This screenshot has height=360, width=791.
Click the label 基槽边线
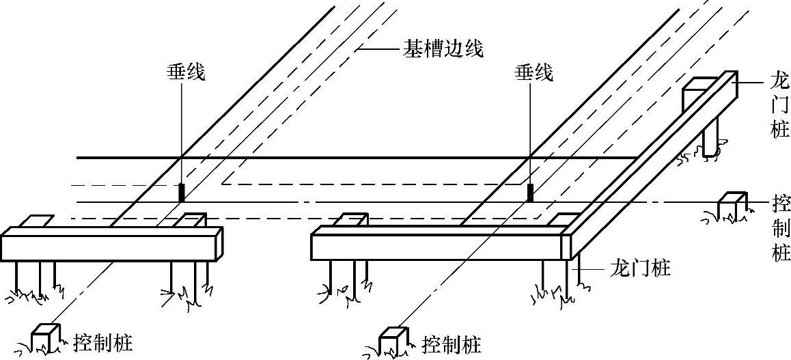tap(443, 49)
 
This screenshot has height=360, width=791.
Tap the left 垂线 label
tap(186, 72)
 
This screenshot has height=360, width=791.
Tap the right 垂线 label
tap(533, 72)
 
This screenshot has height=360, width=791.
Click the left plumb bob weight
tap(182, 192)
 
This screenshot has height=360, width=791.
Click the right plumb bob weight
tap(530, 192)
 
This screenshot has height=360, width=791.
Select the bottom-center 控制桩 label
tap(452, 343)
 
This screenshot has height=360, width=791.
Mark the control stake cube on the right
tap(731, 206)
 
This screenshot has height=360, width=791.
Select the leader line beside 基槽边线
tap(378, 49)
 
